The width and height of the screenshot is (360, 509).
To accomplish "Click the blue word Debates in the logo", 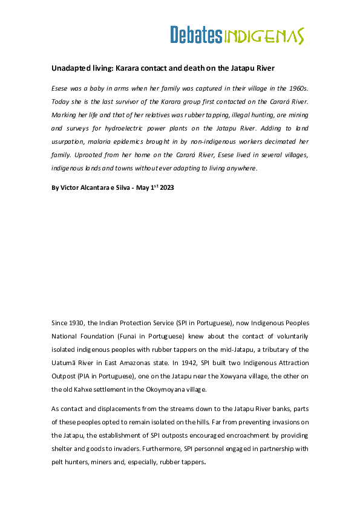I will coord(195,35).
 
